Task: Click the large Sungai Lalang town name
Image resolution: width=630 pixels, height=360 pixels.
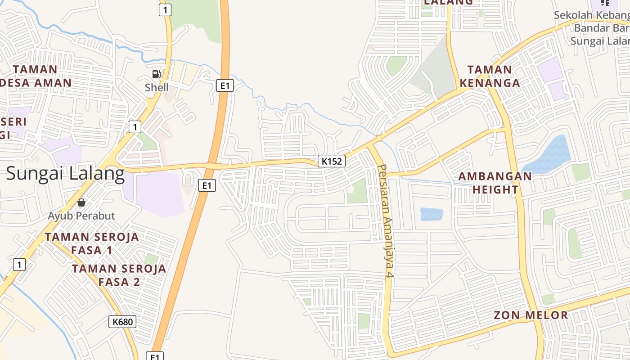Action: tap(65, 174)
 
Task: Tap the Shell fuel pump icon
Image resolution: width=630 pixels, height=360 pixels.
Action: tap(156, 74)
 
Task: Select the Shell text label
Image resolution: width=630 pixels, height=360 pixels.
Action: tap(157, 87)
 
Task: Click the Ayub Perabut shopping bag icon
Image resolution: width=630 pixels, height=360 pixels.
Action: tap(81, 202)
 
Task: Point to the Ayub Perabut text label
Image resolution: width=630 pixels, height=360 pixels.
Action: tap(81, 216)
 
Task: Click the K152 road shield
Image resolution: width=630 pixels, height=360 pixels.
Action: tap(332, 161)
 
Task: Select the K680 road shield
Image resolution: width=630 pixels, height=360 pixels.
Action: tap(122, 321)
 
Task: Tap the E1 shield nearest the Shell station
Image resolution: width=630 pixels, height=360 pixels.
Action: tap(225, 85)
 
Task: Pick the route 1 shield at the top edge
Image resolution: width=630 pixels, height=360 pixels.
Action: tap(165, 10)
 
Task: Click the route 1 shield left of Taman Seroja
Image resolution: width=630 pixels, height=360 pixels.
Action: tap(19, 264)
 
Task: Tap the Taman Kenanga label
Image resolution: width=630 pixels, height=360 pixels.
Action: tap(490, 76)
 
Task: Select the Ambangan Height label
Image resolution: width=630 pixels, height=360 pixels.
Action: tap(495, 183)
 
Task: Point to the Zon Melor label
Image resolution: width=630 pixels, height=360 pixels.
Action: tap(531, 315)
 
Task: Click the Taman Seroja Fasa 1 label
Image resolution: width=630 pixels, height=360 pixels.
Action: tap(92, 243)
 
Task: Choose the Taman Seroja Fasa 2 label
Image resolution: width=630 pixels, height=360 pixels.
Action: tap(119, 275)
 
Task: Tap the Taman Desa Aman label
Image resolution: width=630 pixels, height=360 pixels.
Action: tap(36, 76)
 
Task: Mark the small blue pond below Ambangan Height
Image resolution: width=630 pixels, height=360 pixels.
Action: tap(431, 214)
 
